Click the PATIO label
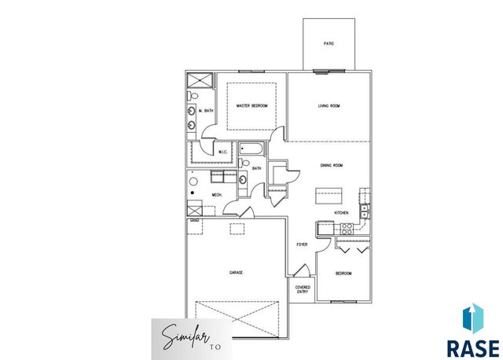329,43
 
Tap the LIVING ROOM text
329,105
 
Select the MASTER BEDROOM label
252,105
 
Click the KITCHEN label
341,212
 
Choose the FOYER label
302,244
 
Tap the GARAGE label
236,272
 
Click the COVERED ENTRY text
303,289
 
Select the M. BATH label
206,111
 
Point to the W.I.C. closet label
201,152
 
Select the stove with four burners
345,228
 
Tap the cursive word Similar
181,338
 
